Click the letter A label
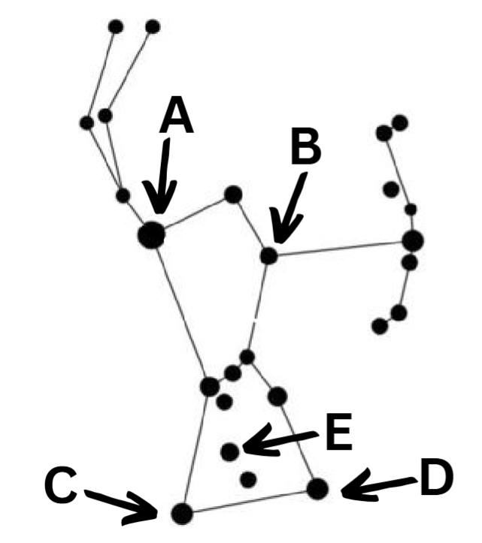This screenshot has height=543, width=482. [x=176, y=119]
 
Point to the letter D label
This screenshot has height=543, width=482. [x=436, y=478]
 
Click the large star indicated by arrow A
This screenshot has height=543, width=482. [x=151, y=234]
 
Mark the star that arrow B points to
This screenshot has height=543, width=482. [x=268, y=255]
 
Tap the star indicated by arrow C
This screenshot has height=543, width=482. [x=181, y=513]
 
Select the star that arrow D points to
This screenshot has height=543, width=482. [x=317, y=489]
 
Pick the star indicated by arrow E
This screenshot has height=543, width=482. [x=231, y=451]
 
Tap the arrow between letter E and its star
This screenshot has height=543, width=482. [x=282, y=441]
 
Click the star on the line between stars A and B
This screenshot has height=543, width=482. [x=233, y=195]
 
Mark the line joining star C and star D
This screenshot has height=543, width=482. [x=248, y=501]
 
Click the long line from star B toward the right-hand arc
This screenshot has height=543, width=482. [x=338, y=249]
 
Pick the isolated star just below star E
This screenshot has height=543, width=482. [x=248, y=478]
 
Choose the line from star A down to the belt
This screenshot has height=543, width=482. [x=180, y=308]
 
